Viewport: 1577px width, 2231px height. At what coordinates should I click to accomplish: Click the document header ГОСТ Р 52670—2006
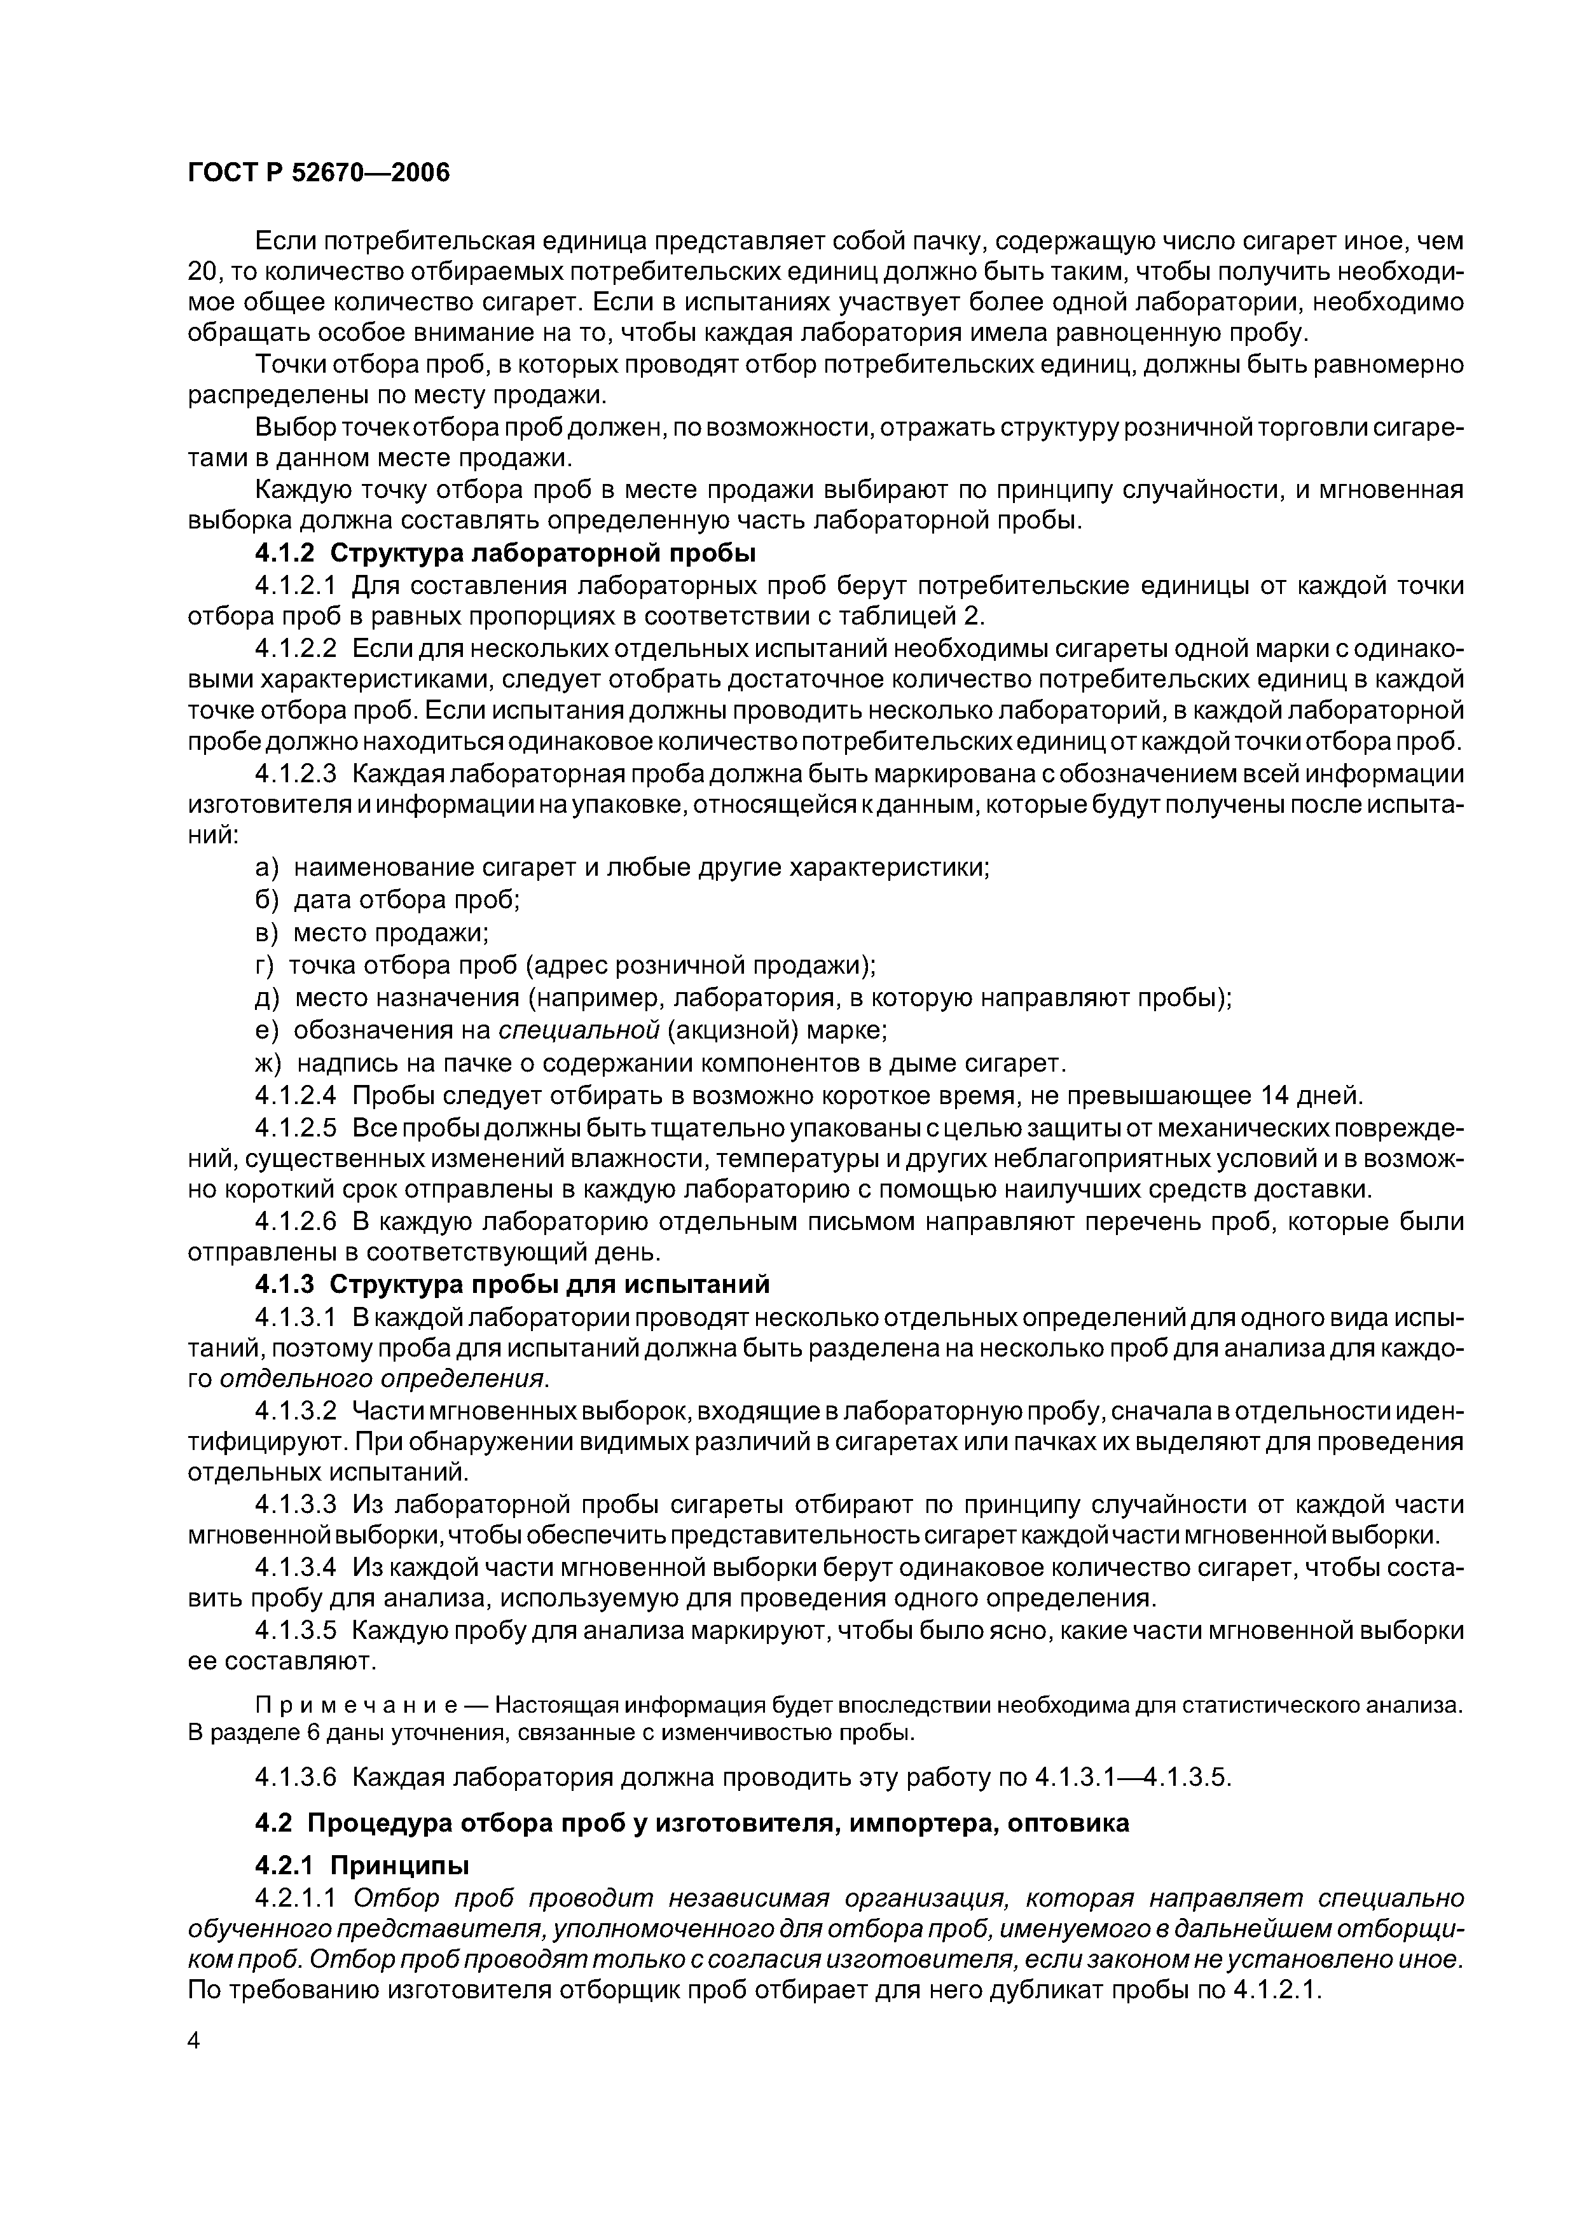pos(319,173)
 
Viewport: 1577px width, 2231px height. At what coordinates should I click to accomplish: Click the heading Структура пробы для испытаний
pos(550,1285)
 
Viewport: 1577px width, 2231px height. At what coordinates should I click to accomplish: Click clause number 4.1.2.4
pos(296,1096)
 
